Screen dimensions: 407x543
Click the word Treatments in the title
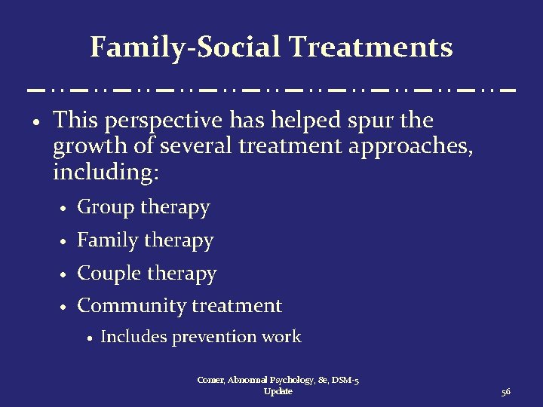(370, 47)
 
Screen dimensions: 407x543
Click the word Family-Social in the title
(185, 47)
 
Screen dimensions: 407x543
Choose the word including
(106, 171)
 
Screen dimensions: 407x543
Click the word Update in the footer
(278, 392)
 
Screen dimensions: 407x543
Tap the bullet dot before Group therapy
(66, 209)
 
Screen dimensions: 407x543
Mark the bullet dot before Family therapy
(66, 242)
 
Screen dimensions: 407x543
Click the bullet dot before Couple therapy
(66, 275)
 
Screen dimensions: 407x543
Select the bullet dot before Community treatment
(66, 308)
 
